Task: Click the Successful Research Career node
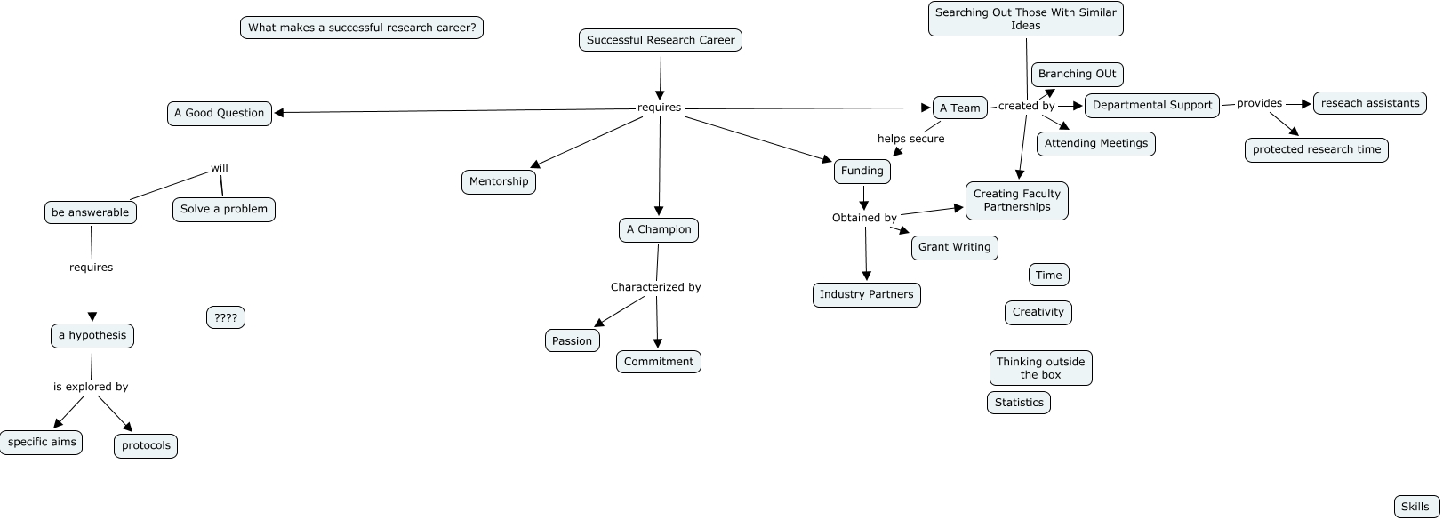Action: coord(661,40)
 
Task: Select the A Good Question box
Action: coord(219,114)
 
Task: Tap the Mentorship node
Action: coord(499,181)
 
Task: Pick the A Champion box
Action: coord(658,230)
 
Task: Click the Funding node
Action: coord(862,172)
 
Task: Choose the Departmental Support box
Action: coord(1152,106)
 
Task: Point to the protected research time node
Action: coord(1316,150)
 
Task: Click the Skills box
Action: coord(1416,507)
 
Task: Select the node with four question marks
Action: coord(226,317)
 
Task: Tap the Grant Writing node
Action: coord(954,247)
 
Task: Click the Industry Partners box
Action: coord(867,295)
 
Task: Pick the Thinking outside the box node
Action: coord(1040,368)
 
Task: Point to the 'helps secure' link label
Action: coord(910,139)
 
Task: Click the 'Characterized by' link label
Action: coord(655,287)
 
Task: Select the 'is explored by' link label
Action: coord(90,387)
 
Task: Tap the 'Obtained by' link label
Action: coord(864,218)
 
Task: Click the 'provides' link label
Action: coord(1259,103)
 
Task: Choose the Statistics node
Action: coord(1019,403)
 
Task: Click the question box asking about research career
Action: coord(361,28)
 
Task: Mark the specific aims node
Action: coord(41,443)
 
